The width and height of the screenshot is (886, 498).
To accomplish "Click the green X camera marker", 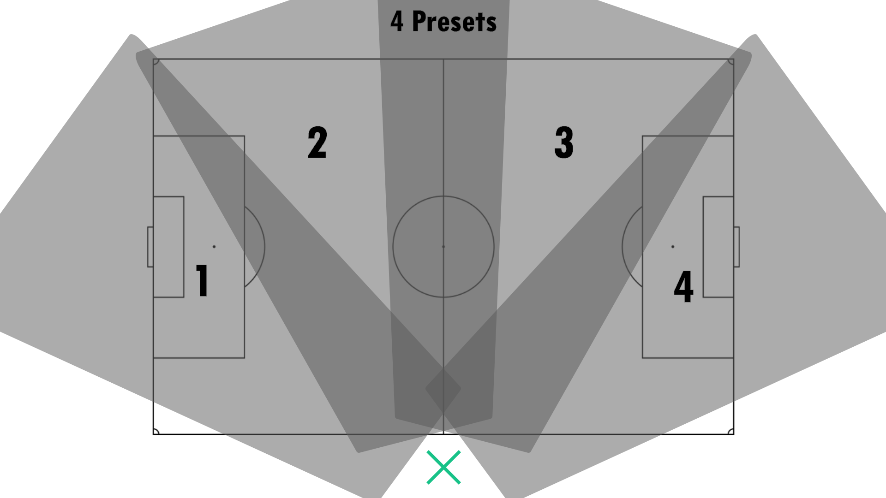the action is pyautogui.click(x=443, y=467).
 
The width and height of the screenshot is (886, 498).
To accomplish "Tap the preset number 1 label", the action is pyautogui.click(x=202, y=280).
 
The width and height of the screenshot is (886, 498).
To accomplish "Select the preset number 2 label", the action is pyautogui.click(x=317, y=142).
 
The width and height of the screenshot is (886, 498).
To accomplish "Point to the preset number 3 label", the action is pyautogui.click(x=564, y=142).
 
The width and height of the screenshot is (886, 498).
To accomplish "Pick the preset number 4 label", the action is pyautogui.click(x=683, y=286).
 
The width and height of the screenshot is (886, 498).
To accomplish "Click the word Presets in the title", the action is pyautogui.click(x=454, y=22).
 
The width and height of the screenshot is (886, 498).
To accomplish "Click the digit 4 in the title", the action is pyautogui.click(x=397, y=22).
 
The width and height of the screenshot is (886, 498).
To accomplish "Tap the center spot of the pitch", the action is pyautogui.click(x=443, y=247).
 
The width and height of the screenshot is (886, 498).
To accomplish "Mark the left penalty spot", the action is pyautogui.click(x=214, y=247).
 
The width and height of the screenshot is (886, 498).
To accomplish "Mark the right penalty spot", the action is pyautogui.click(x=673, y=247).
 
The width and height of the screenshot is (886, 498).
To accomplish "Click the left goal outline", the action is pyautogui.click(x=150, y=247).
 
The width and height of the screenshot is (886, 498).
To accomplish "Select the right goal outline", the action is pyautogui.click(x=737, y=247).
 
